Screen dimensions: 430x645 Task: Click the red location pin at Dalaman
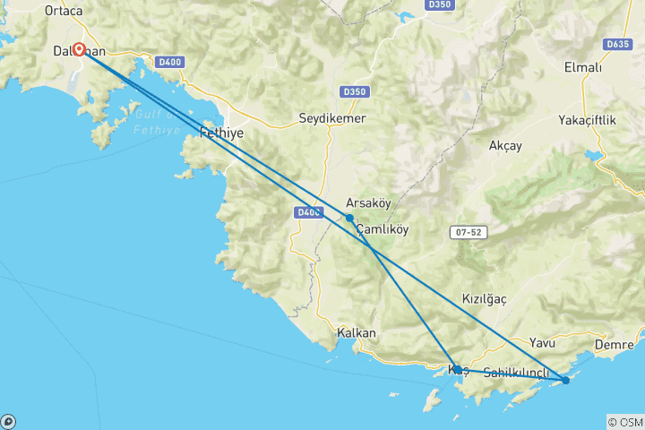[79, 49]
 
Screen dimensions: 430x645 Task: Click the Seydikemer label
[332, 117]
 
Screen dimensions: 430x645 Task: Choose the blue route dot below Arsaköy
[349, 218]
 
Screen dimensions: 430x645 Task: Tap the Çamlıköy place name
[383, 229]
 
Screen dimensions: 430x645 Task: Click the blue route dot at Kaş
[457, 369]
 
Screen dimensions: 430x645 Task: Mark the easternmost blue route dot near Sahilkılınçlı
[565, 381]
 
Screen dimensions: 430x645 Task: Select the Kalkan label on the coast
[356, 332]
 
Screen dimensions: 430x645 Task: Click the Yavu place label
[542, 342]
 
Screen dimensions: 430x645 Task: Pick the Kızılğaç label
[485, 299]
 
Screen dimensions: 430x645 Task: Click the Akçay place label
[506, 145]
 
